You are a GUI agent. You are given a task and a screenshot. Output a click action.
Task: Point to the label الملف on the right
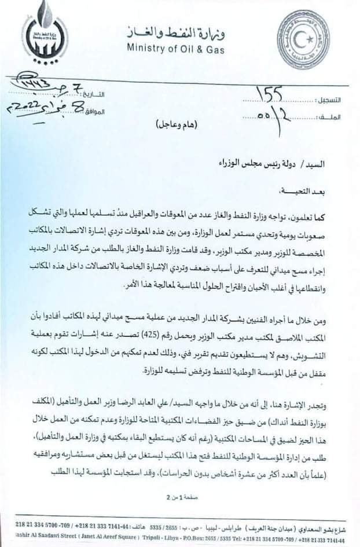point(330,118)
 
